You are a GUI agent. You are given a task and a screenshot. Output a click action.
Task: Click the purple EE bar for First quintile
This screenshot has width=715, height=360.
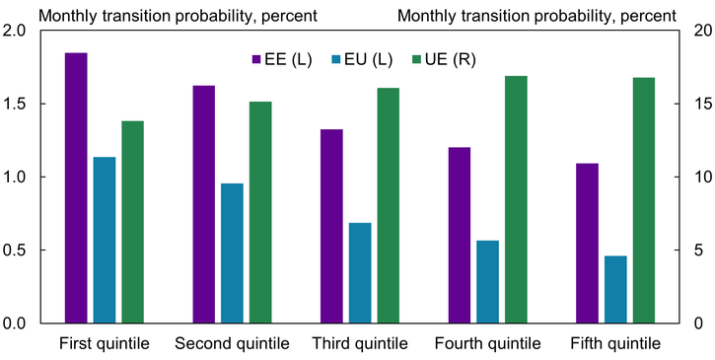coord(76,187)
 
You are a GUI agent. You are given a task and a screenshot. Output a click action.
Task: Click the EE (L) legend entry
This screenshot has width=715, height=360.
coord(282,59)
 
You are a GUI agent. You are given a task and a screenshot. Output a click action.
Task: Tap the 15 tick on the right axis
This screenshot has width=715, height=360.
coord(695,104)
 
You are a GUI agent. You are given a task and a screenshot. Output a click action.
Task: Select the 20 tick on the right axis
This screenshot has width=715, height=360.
coord(695,31)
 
